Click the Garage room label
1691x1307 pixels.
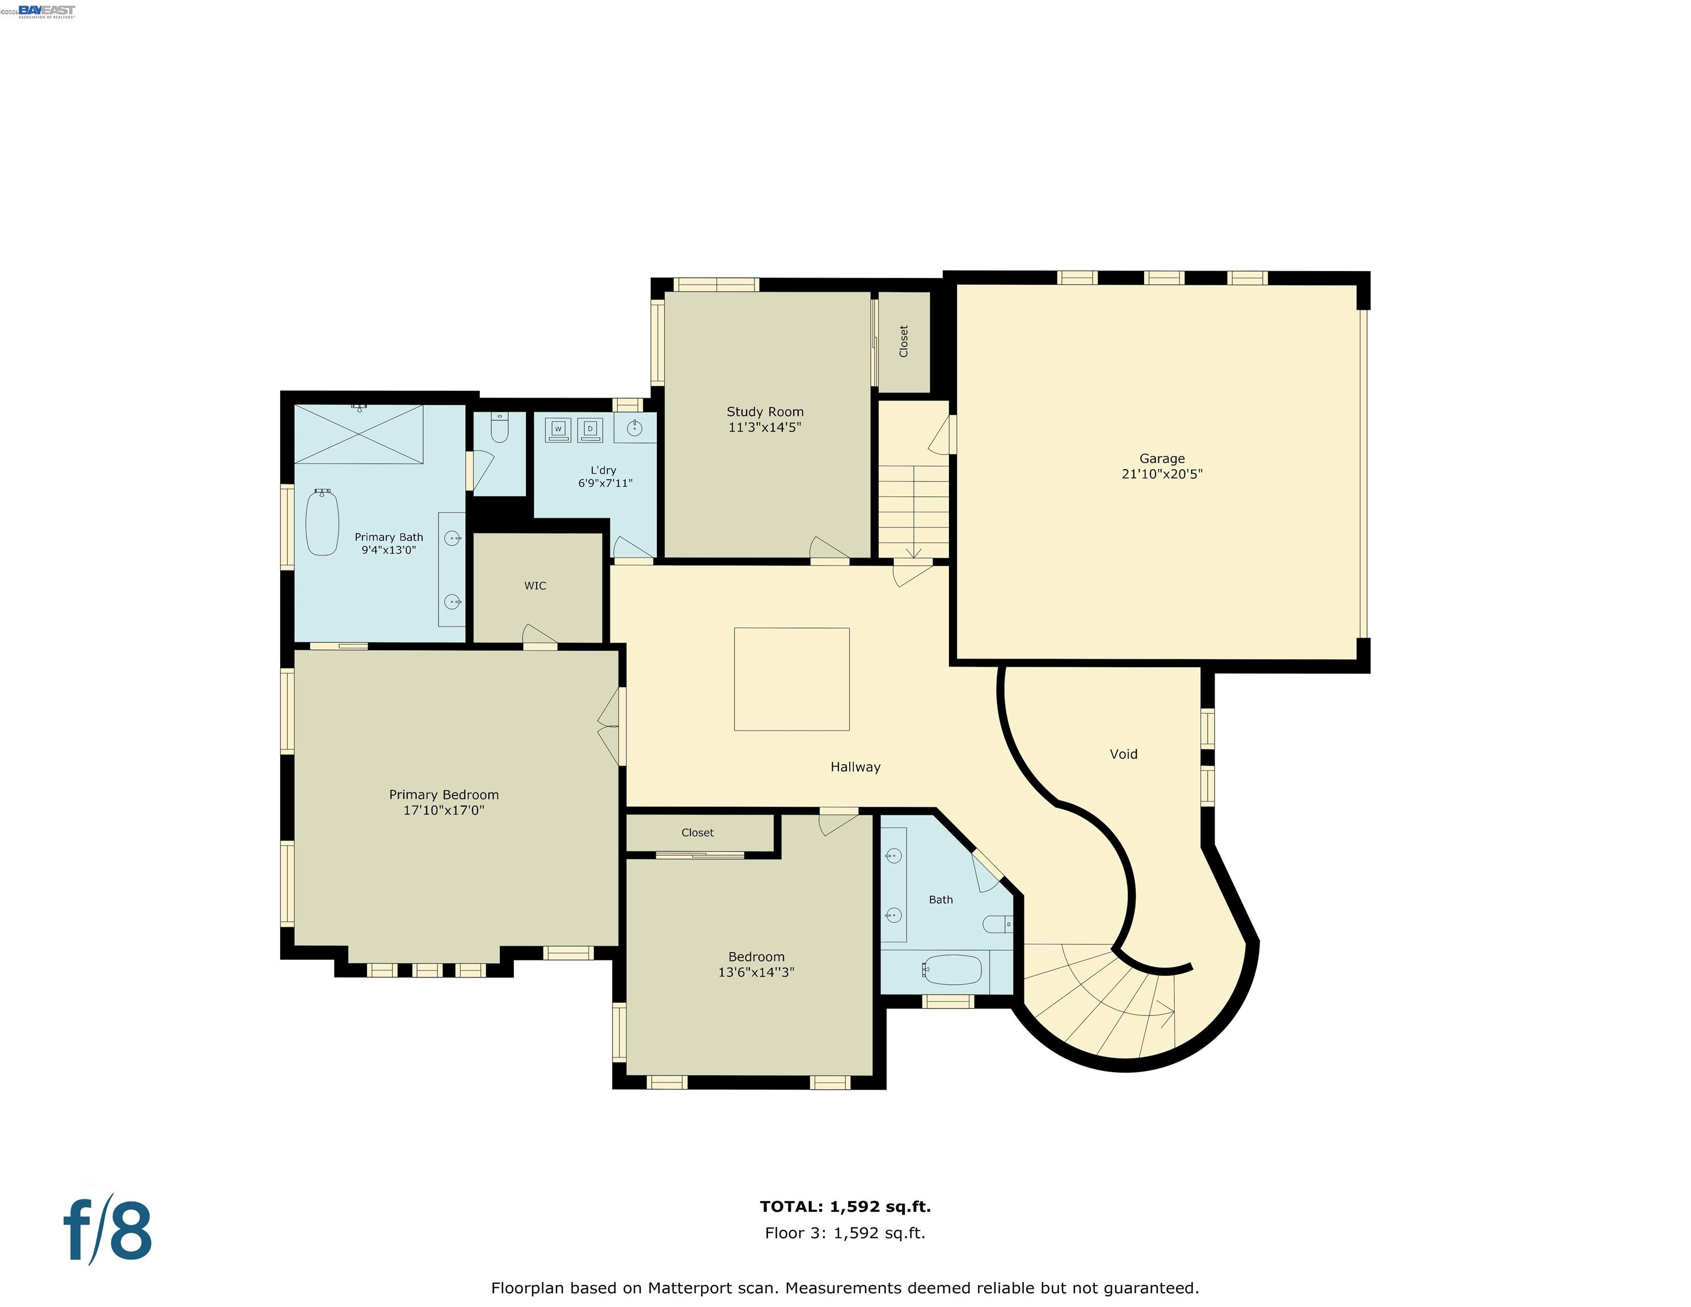point(1161,458)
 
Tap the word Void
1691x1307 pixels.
point(1124,754)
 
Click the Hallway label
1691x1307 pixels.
point(855,766)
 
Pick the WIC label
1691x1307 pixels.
point(535,586)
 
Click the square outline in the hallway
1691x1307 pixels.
point(791,678)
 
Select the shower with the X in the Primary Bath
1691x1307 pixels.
point(359,435)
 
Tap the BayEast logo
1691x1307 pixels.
point(47,10)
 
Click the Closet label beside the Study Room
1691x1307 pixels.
point(904,341)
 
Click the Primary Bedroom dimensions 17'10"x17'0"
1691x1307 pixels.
point(444,810)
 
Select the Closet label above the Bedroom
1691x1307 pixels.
point(697,832)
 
